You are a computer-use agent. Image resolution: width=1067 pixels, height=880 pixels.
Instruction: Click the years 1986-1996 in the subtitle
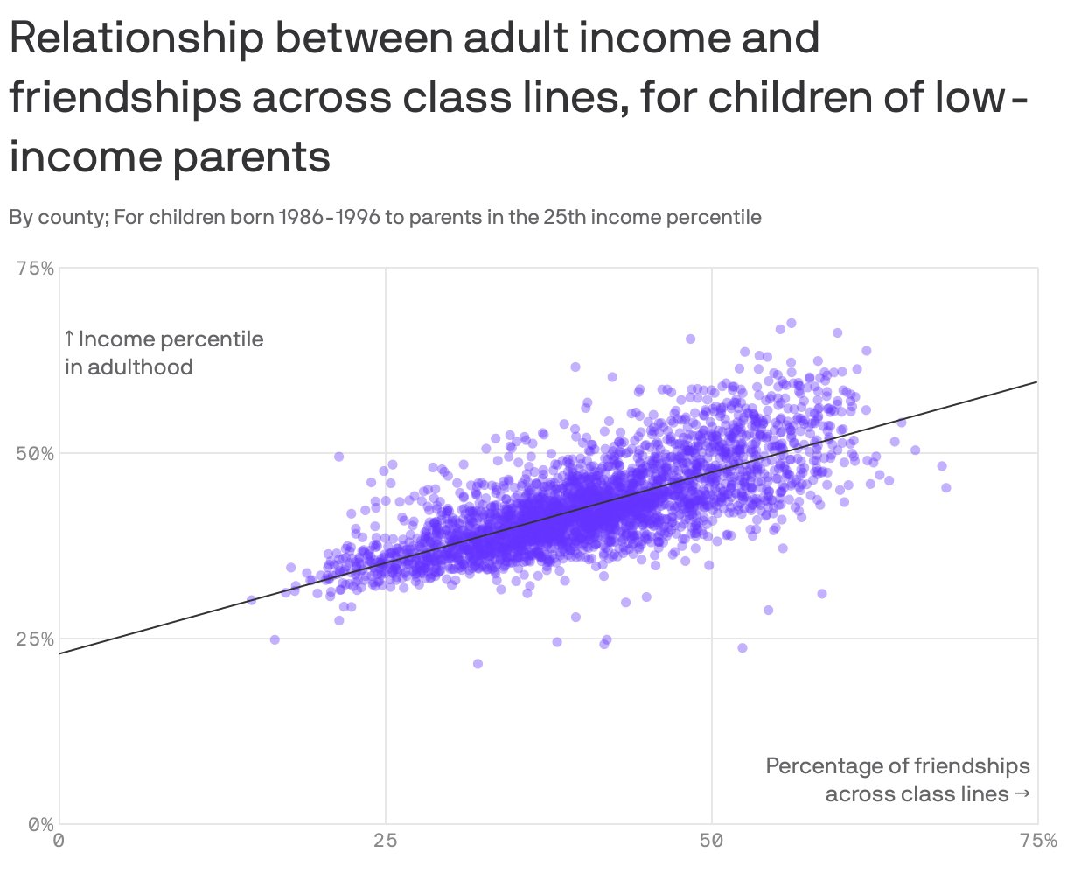[x=328, y=217]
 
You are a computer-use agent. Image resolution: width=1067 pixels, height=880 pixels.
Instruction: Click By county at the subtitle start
[x=56, y=217]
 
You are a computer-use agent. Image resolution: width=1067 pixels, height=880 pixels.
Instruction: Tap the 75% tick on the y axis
[x=35, y=269]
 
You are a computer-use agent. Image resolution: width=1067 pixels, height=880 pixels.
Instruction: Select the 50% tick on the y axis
[x=35, y=454]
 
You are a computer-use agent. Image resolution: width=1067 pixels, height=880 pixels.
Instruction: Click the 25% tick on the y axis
[x=35, y=639]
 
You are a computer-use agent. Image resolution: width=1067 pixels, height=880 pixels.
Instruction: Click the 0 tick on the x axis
[x=59, y=842]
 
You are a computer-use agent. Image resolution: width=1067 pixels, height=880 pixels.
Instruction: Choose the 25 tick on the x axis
[x=385, y=842]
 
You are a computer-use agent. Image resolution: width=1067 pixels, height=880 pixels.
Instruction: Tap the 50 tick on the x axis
[x=711, y=842]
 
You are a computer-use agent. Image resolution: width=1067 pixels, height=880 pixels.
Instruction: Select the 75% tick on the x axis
[x=1037, y=842]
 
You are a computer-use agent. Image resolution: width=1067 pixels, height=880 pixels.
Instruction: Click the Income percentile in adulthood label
[x=163, y=353]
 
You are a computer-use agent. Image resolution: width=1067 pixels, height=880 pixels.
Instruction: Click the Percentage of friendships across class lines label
[x=897, y=779]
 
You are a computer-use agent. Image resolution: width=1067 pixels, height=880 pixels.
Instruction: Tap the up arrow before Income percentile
[x=69, y=339]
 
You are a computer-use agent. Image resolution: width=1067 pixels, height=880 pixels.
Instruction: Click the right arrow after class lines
[x=1021, y=794]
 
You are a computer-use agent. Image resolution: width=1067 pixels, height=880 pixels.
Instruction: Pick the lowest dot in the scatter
[x=478, y=664]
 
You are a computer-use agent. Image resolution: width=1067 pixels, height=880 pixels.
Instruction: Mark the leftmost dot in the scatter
[x=251, y=600]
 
